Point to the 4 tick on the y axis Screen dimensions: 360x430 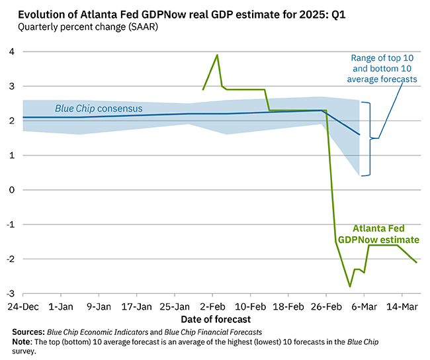click(11, 52)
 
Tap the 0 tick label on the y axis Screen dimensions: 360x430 click(11, 190)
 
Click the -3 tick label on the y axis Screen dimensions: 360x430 click(10, 293)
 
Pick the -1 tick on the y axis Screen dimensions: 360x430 click(10, 224)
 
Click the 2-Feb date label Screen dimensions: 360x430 click(212, 306)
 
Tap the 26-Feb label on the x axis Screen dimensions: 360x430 click(325, 306)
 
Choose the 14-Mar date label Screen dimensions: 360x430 click(402, 306)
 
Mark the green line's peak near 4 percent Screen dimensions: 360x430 click(217, 55)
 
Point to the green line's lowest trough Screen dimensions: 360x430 click(349, 287)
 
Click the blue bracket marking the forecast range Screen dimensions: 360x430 click(368, 138)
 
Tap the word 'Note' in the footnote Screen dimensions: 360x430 click(22, 342)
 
